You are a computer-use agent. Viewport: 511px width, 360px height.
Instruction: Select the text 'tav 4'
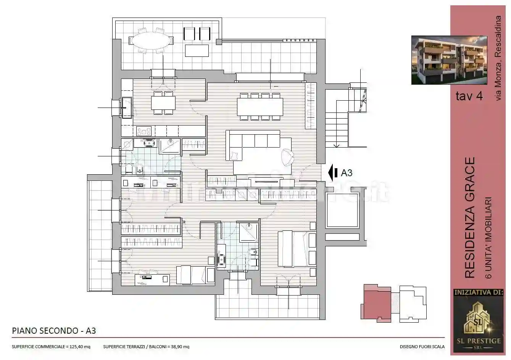click(469, 96)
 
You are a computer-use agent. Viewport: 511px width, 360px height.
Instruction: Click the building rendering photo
click(449, 60)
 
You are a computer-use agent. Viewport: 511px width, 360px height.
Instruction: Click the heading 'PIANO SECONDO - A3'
click(54, 331)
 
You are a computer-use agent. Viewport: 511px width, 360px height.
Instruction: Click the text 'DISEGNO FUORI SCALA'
click(422, 347)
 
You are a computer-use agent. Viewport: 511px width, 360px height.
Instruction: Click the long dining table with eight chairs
click(260, 107)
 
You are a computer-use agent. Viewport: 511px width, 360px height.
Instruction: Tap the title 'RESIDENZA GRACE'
click(471, 217)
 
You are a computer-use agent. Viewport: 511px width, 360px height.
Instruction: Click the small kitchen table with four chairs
click(163, 103)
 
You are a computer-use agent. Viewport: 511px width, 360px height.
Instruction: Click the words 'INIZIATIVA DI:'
click(478, 293)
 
